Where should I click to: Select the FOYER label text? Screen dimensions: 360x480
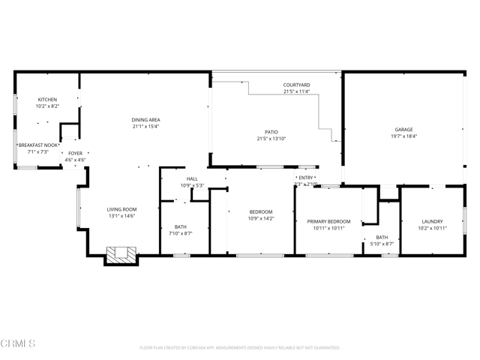tap(75, 153)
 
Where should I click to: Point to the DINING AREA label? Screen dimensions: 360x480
tap(145, 120)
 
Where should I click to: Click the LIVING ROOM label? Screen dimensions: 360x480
tap(121, 210)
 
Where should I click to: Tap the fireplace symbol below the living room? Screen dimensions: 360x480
tap(120, 255)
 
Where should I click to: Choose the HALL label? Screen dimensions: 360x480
tap(192, 178)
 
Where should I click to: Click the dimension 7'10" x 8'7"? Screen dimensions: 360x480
tap(180, 233)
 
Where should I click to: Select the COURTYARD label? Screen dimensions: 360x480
tap(296, 85)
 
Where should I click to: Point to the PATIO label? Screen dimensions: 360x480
tap(271, 132)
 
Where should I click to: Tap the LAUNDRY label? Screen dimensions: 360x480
tap(432, 221)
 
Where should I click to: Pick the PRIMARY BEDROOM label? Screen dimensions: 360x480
tap(328, 221)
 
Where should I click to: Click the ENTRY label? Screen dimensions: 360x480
tap(306, 177)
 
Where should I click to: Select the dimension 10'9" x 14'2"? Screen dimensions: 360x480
tap(261, 219)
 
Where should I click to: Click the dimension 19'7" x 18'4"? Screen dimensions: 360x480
tap(404, 136)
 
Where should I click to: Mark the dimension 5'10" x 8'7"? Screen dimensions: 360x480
tap(382, 244)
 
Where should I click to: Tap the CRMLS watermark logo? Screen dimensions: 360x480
tap(19, 344)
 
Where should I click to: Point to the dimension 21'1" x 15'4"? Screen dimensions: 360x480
tap(145, 127)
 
